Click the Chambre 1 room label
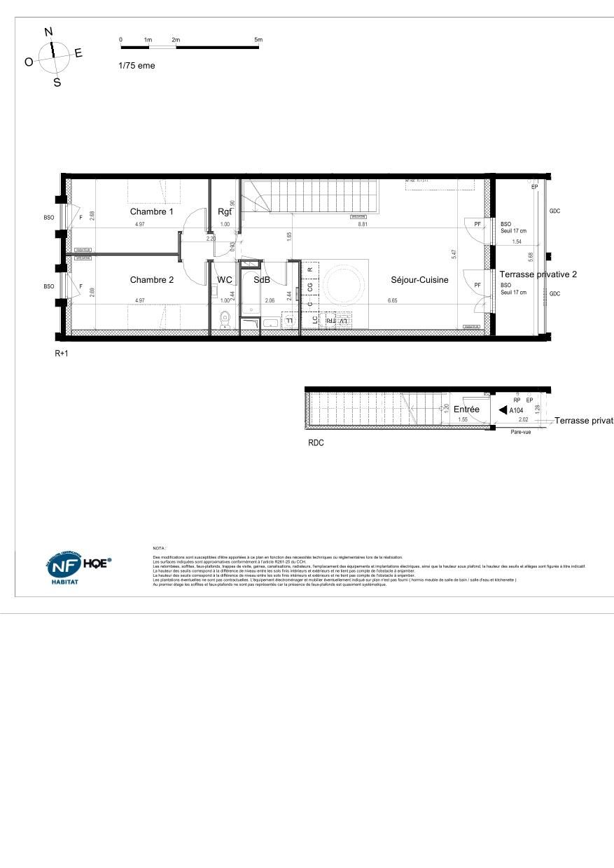click(x=151, y=212)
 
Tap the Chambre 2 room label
click(x=151, y=280)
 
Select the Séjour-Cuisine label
click(x=419, y=280)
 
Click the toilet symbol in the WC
click(x=225, y=321)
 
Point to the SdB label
click(x=262, y=280)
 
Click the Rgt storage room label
click(x=225, y=211)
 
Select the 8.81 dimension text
click(x=363, y=225)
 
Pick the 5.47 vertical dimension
click(x=454, y=254)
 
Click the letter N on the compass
click(x=48, y=31)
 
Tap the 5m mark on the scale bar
click(x=258, y=40)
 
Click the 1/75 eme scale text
click(x=137, y=66)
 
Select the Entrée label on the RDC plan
click(x=466, y=409)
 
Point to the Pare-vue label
click(x=519, y=433)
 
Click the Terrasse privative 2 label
click(x=538, y=274)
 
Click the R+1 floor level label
click(x=62, y=354)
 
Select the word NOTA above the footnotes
click(x=158, y=548)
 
